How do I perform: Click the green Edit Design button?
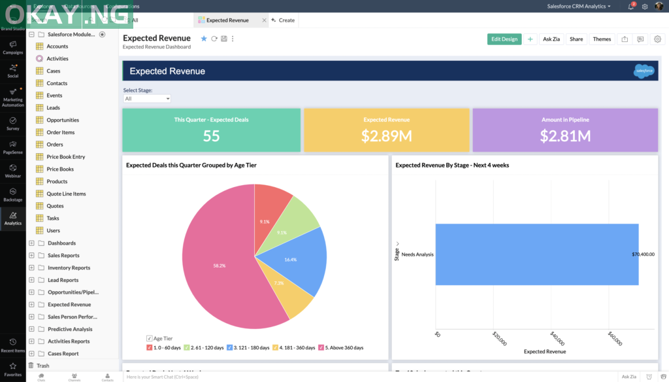point(504,39)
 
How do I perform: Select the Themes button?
point(602,39)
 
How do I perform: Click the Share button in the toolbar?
point(576,39)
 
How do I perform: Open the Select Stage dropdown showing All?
point(147,99)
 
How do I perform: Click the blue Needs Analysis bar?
point(536,254)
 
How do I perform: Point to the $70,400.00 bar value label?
point(643,254)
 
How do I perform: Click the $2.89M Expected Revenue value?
point(386,135)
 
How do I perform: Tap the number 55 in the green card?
point(211,135)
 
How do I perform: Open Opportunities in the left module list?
point(63,120)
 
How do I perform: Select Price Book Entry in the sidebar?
point(65,157)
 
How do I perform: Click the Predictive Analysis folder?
point(70,329)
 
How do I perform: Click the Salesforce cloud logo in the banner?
point(644,71)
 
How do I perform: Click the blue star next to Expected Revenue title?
point(204,39)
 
